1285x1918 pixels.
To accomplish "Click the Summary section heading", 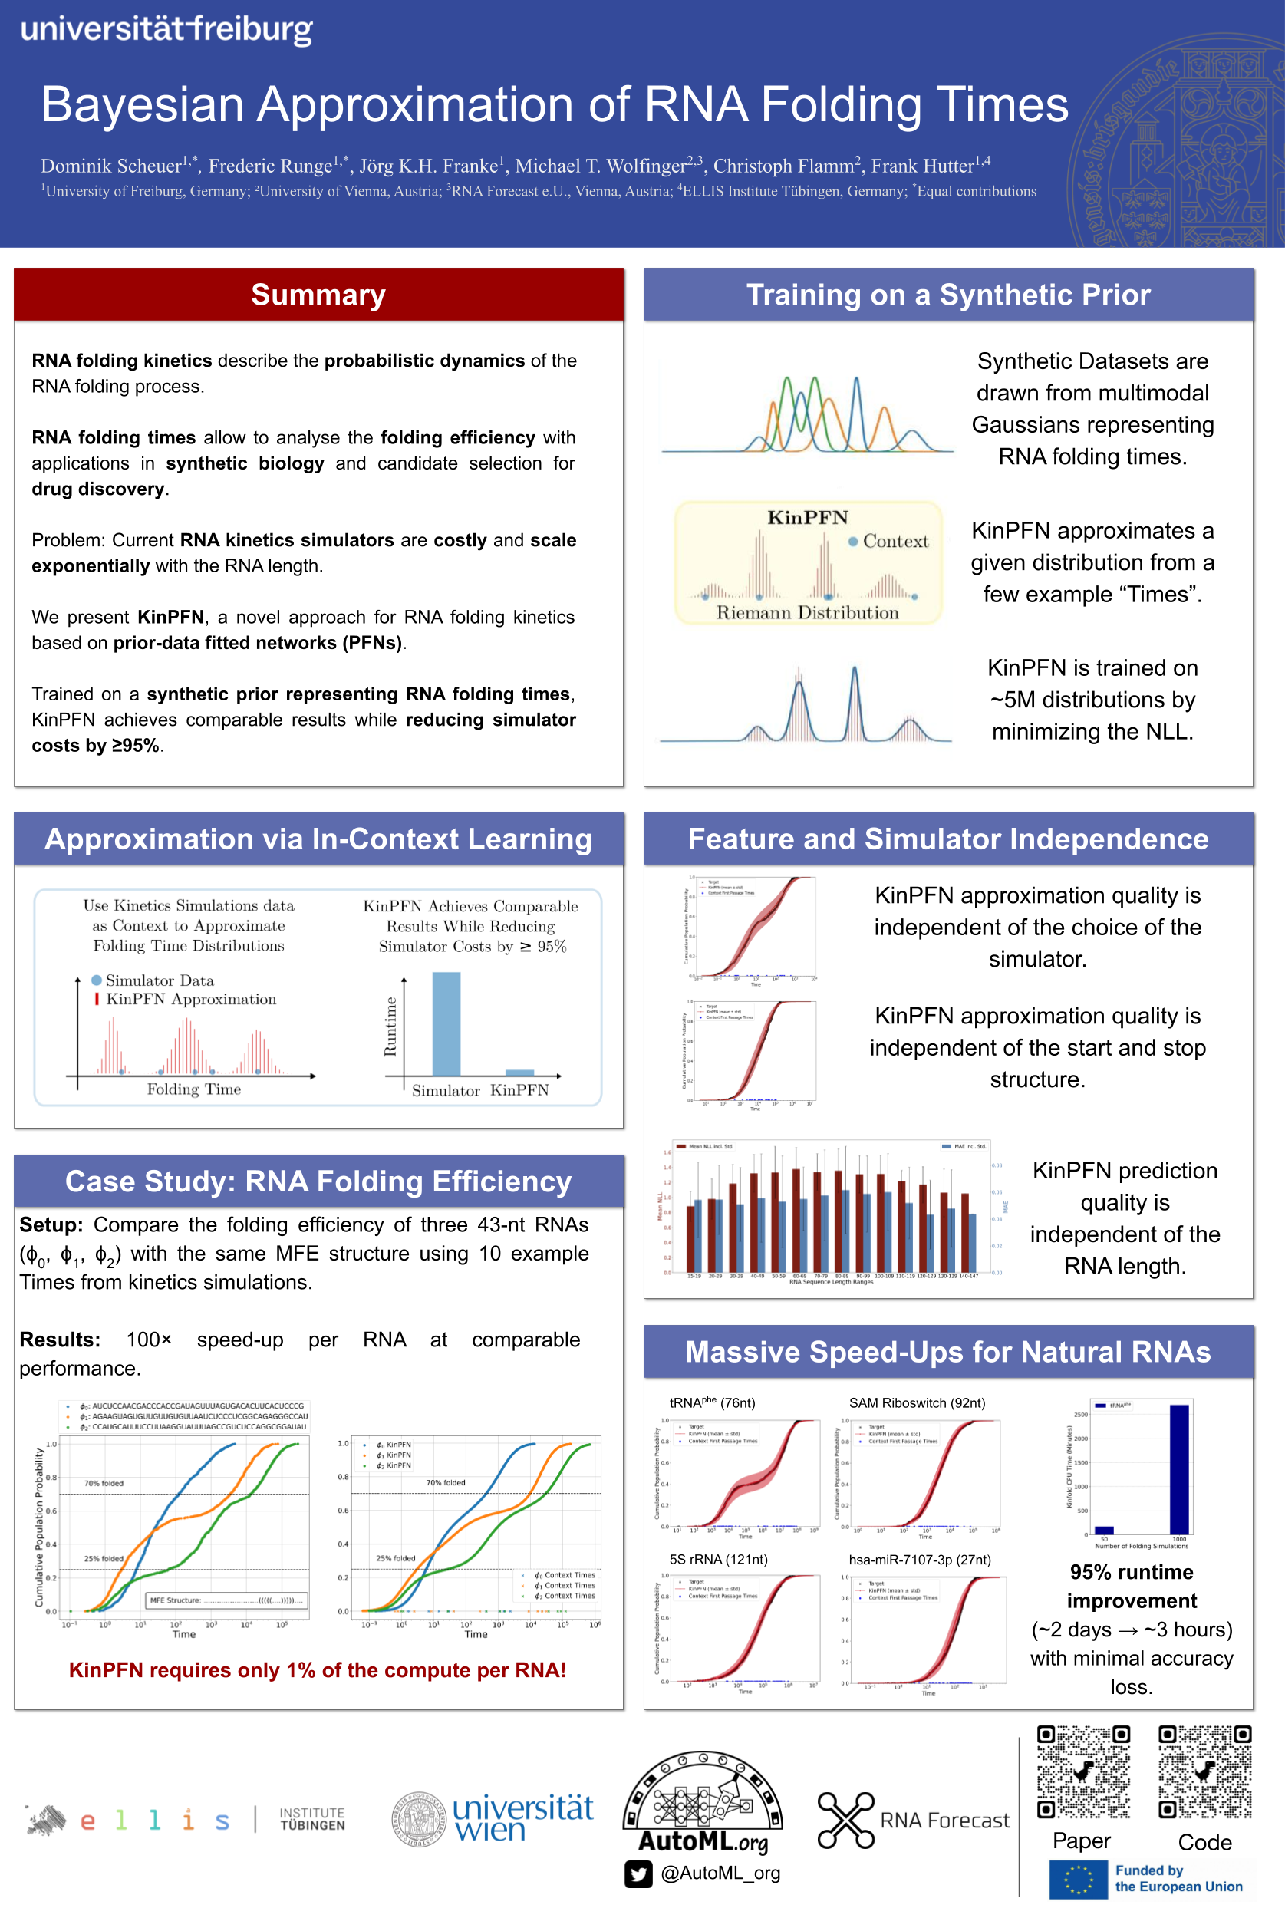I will (318, 295).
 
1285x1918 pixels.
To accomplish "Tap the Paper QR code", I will (1082, 1771).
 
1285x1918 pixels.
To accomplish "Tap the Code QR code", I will (1204, 1771).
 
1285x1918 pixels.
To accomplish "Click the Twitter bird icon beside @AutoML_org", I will (638, 1874).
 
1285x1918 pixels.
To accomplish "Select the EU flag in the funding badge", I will (1078, 1880).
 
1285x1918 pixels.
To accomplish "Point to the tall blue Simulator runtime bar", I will (446, 1023).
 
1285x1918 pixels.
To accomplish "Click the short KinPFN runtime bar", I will (519, 1072).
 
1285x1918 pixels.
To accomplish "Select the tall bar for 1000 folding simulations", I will (1178, 1469).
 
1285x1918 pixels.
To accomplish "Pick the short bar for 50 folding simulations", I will (1104, 1530).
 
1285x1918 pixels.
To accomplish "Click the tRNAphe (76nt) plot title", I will (712, 1402).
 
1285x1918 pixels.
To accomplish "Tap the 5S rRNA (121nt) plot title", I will (718, 1559).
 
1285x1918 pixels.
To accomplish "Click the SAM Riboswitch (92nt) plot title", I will (917, 1402).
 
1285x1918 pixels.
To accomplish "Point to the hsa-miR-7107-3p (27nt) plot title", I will (920, 1559).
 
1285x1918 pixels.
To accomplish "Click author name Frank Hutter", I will (922, 166).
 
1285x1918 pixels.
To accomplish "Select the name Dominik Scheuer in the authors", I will (111, 166).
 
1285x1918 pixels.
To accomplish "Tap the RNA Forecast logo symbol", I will (845, 1820).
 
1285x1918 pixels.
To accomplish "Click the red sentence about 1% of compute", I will (317, 1669).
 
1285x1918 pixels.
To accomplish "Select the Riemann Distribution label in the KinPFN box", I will (807, 613).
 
